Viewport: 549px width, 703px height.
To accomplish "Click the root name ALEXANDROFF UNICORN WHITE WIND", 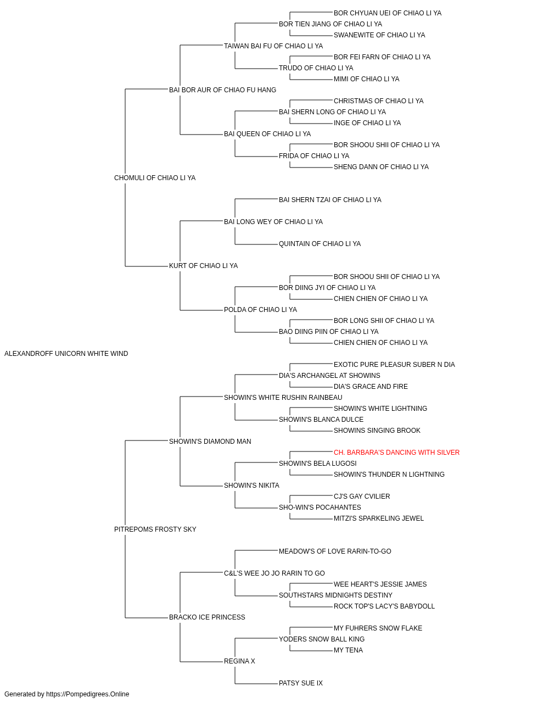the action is (66, 354).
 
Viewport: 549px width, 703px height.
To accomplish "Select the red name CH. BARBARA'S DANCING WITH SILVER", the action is (396, 452).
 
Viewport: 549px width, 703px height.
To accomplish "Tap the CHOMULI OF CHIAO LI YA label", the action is (155, 178).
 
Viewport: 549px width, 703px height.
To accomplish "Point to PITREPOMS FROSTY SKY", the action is (155, 529).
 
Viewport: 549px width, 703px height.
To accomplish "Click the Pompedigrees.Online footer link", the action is (87, 694).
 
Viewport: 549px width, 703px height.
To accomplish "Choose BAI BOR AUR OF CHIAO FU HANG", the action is (222, 90).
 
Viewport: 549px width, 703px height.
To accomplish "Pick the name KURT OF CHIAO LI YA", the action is (203, 266).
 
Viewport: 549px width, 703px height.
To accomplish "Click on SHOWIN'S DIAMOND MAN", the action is (210, 441).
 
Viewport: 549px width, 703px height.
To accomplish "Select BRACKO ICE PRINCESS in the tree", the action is (207, 617).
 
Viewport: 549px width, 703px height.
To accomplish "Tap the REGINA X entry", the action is (239, 661).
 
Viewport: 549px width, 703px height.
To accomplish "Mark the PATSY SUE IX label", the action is (301, 683).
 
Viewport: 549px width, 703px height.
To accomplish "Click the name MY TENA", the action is (348, 650).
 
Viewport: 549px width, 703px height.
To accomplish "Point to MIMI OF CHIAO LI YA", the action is (366, 79).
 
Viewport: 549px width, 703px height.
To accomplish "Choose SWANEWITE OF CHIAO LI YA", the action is (379, 35).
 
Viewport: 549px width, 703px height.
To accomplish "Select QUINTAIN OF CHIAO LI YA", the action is (320, 244).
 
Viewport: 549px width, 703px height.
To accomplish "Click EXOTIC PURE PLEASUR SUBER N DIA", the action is (394, 365).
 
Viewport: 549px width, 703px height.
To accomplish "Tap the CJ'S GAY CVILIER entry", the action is (362, 496).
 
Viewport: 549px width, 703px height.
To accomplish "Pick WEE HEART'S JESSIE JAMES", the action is (380, 584).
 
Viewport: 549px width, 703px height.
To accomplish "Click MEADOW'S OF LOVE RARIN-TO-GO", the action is (335, 551).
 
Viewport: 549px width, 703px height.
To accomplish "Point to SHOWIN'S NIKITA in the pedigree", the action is (251, 486).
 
